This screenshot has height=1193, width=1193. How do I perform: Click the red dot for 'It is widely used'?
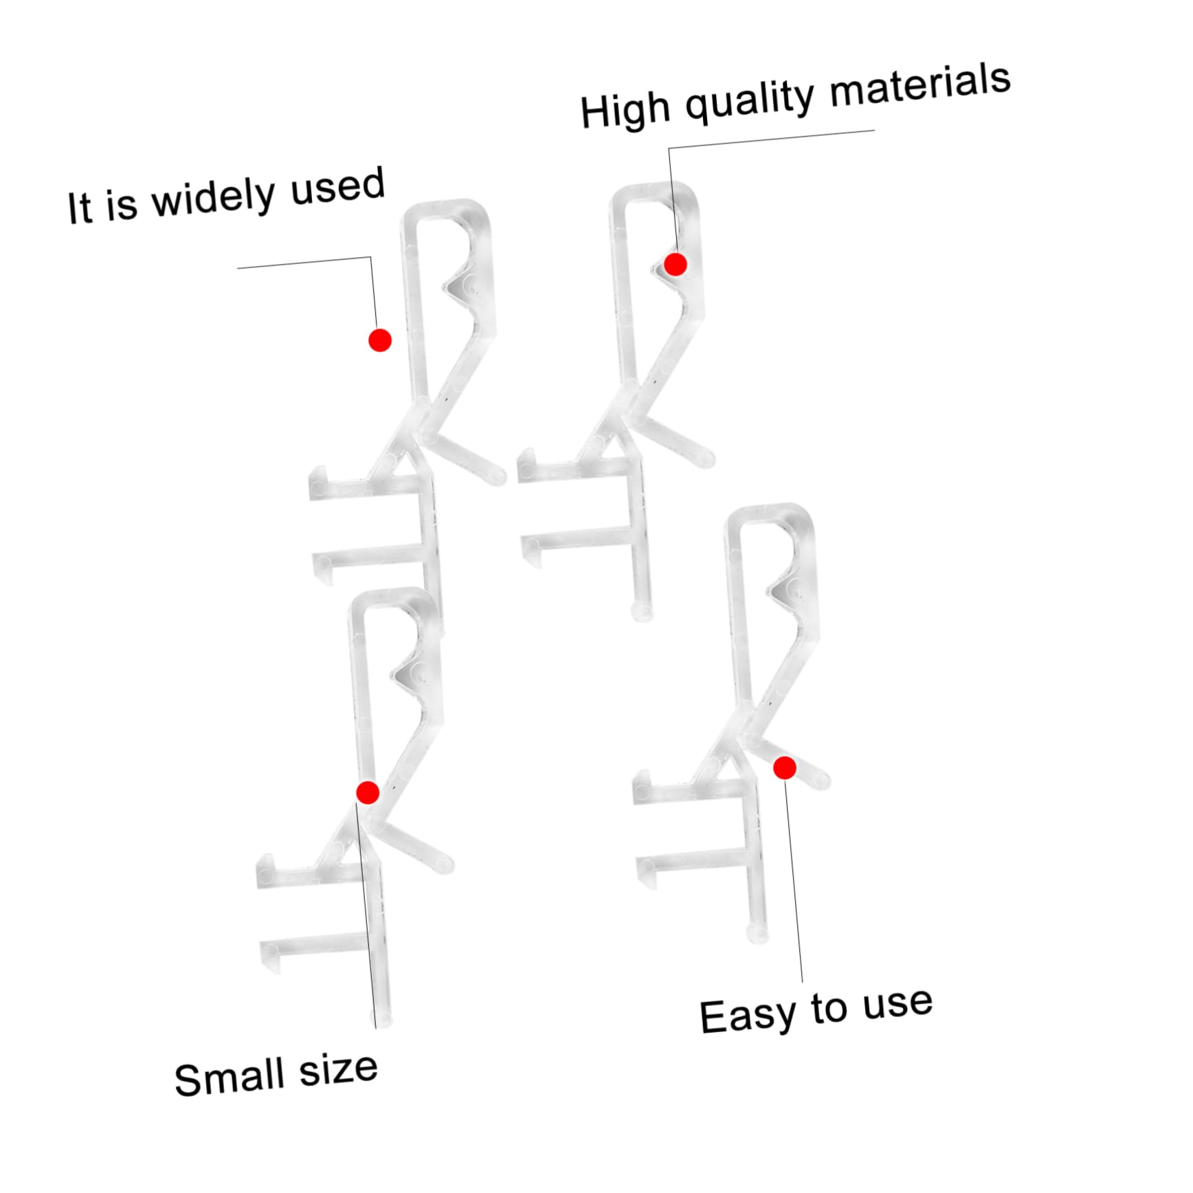tap(380, 340)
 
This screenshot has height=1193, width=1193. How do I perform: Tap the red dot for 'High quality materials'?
tap(676, 264)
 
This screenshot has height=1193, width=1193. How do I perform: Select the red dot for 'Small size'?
tap(368, 792)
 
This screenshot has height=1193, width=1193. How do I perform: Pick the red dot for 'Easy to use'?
tap(785, 768)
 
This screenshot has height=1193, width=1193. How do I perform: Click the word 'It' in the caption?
tap(79, 208)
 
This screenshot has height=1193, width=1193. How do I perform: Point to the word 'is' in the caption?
tap(121, 205)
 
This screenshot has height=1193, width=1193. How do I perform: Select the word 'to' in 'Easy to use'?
tap(829, 1009)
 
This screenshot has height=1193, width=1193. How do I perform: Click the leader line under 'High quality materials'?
tap(770, 139)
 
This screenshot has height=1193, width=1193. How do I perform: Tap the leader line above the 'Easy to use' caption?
tap(794, 880)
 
